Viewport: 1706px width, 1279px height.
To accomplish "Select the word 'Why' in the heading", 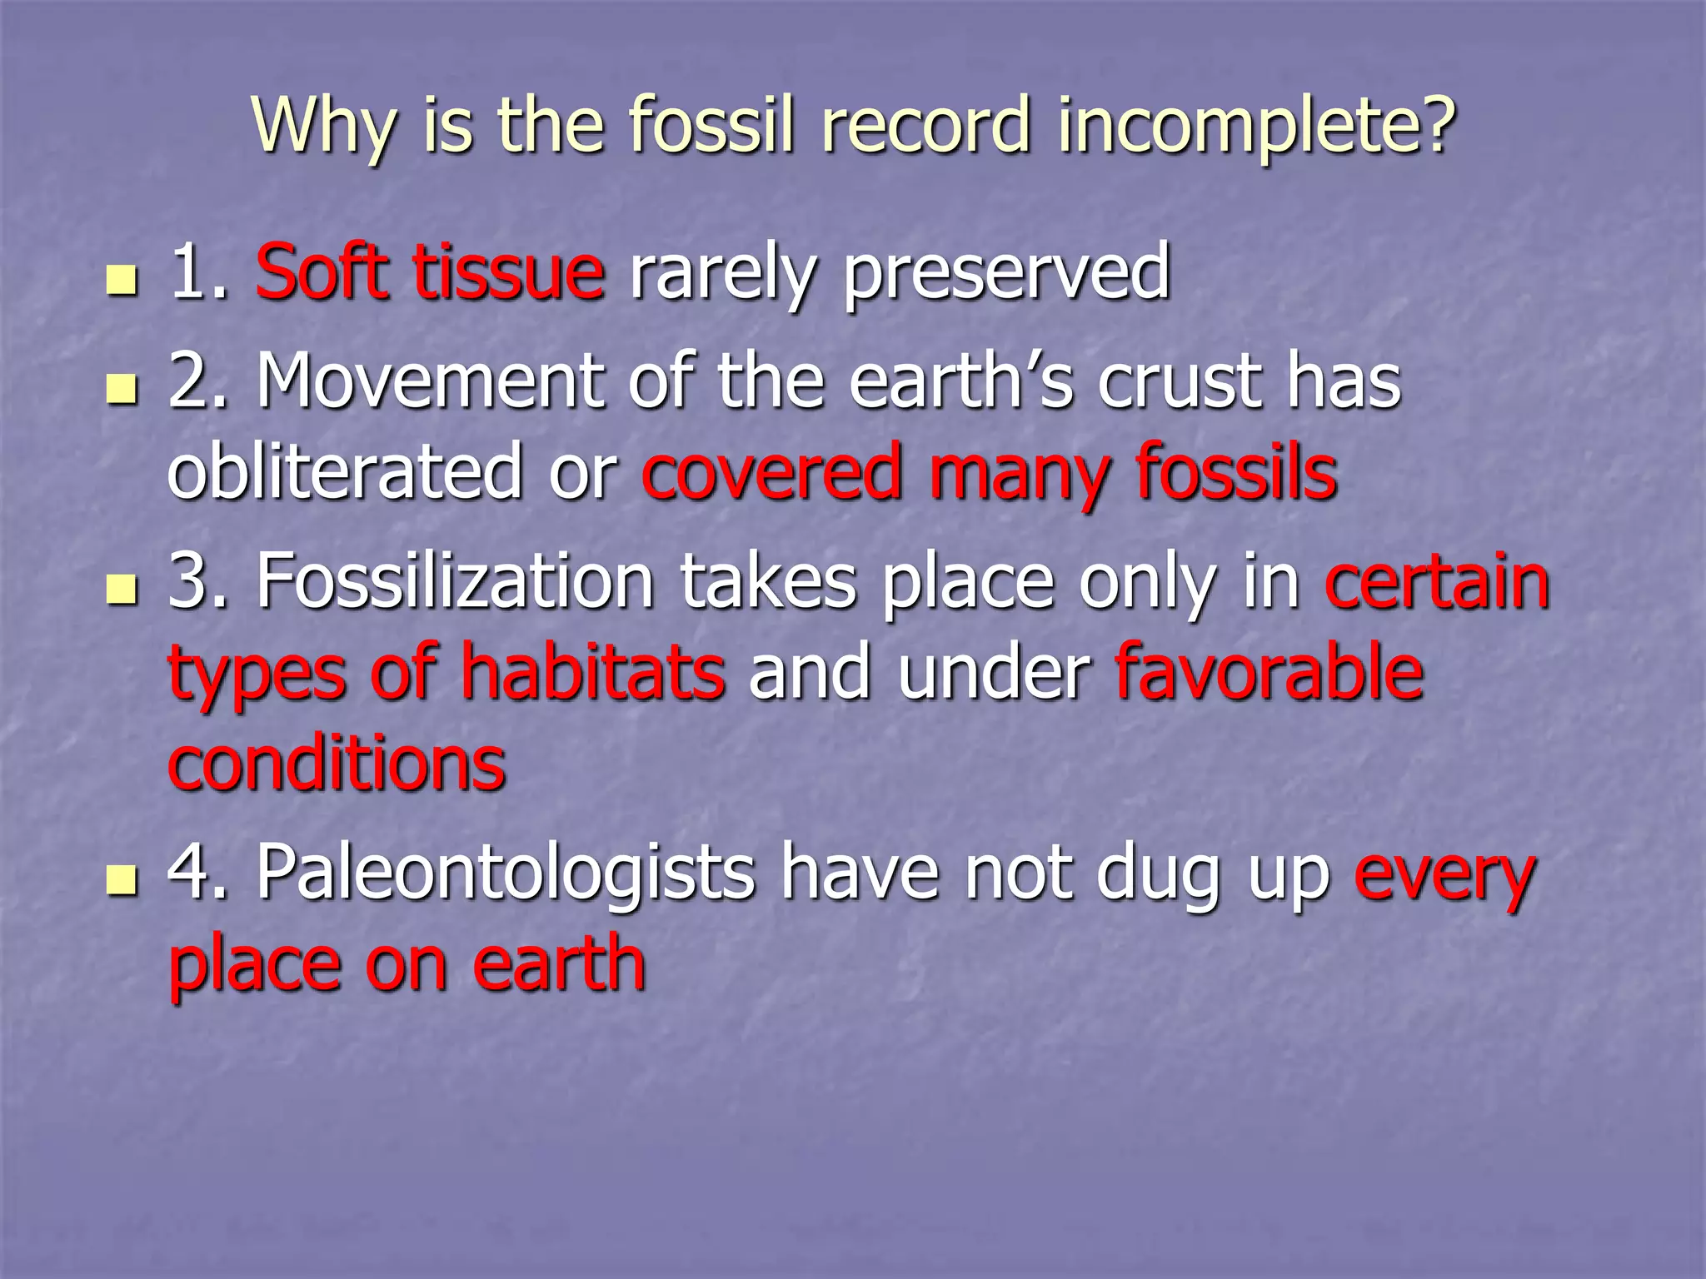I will pyautogui.click(x=323, y=127).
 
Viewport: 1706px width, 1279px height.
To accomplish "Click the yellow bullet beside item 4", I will pyautogui.click(x=122, y=881).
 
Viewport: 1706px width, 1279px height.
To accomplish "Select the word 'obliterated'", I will pyautogui.click(x=345, y=472).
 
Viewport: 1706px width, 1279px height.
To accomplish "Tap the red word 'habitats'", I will pyautogui.click(x=592, y=673).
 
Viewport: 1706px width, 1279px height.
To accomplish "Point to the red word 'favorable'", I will pyautogui.click(x=1270, y=673).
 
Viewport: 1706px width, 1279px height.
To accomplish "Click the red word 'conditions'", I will pyautogui.click(x=337, y=764).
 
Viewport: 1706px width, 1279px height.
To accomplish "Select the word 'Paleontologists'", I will pyautogui.click(x=505, y=874).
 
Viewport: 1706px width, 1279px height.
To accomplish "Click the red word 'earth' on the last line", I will pyautogui.click(x=559, y=964).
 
